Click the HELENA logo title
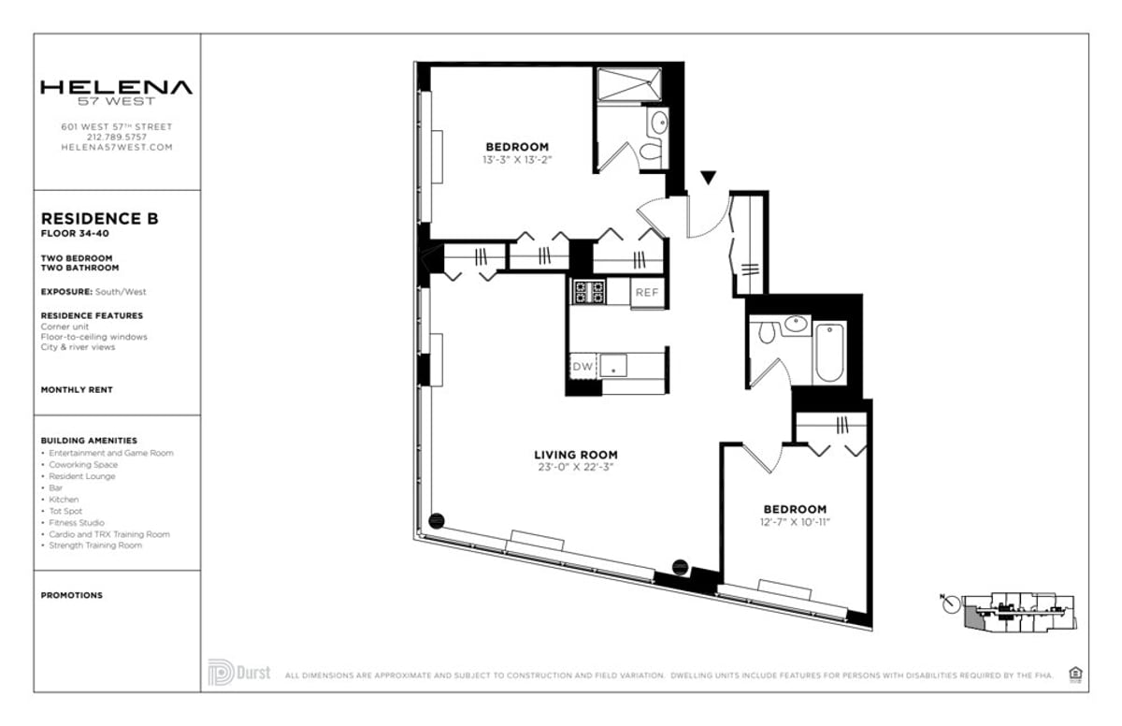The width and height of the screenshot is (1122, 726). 116,88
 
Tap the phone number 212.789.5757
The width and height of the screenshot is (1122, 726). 116,137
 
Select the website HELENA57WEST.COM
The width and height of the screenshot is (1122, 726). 116,147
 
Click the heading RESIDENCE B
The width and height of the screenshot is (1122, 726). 99,219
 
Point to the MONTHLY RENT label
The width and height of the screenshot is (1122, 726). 77,389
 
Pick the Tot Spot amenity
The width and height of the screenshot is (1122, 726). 65,511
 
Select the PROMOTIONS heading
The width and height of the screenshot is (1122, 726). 72,595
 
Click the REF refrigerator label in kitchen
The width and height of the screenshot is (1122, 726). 647,293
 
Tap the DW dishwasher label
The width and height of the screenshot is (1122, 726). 582,367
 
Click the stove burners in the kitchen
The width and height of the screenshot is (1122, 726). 589,292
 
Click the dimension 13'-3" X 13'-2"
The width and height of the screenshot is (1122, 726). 516,160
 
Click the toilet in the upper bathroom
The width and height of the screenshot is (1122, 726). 650,152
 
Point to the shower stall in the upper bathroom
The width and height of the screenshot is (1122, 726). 629,83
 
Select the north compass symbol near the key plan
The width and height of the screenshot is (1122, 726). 951,605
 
